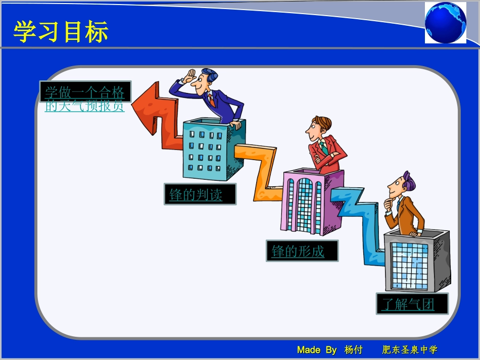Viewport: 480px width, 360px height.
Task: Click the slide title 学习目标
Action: (61, 32)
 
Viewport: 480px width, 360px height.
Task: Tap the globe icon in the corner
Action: (445, 23)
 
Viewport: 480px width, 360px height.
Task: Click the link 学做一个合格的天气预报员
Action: (84, 98)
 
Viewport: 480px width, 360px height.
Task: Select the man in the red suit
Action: (326, 146)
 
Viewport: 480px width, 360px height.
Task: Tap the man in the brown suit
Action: (404, 207)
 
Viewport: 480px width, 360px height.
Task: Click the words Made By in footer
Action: (317, 350)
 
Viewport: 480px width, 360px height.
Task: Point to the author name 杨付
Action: (354, 350)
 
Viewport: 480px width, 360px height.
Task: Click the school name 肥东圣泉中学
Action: (410, 350)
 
